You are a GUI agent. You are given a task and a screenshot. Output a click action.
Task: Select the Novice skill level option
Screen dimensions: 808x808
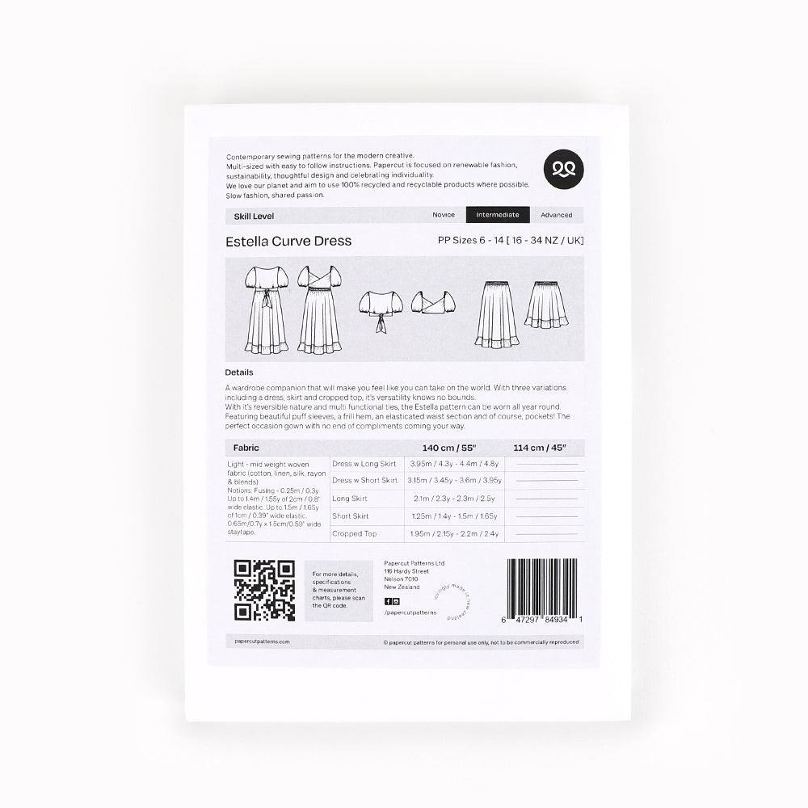(x=444, y=215)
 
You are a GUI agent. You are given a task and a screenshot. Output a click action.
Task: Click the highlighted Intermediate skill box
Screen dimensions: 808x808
(x=498, y=215)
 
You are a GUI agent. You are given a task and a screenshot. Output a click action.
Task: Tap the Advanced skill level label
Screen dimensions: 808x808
(x=557, y=215)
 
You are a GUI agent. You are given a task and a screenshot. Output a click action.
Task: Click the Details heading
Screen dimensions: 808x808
(x=239, y=372)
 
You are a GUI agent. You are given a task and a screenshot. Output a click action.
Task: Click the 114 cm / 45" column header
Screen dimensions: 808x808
(x=545, y=447)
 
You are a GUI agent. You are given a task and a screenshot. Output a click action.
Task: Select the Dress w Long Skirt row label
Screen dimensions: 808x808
(x=365, y=464)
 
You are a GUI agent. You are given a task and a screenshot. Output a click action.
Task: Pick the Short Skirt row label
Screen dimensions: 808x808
(x=350, y=516)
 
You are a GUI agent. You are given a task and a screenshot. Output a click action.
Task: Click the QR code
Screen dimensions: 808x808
(x=264, y=590)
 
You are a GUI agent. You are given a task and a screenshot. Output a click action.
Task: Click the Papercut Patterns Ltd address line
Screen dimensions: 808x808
(x=415, y=562)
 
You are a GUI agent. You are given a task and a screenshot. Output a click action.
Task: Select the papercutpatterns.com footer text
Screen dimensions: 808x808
(x=258, y=642)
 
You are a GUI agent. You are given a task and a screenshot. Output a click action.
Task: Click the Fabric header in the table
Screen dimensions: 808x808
(x=246, y=447)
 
